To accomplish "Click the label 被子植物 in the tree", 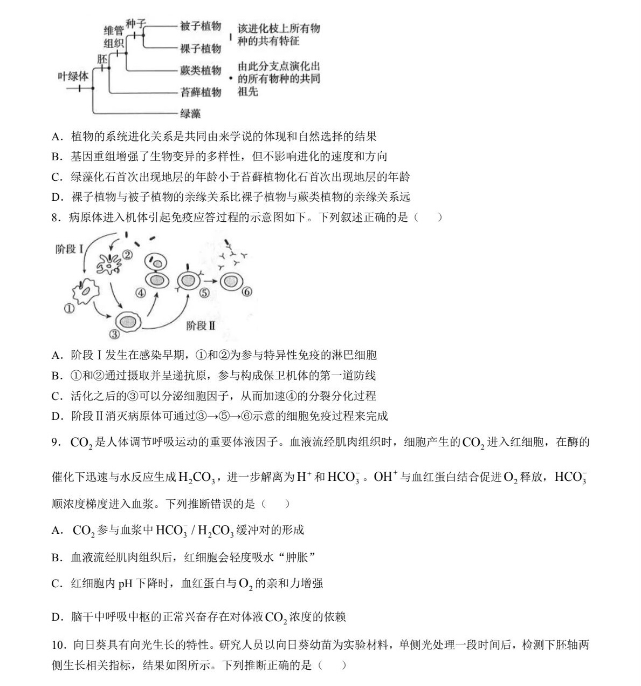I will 201,26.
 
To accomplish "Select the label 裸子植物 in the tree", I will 201,49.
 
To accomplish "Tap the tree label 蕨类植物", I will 201,71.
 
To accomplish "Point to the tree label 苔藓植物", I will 201,92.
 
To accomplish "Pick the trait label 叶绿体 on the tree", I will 73,77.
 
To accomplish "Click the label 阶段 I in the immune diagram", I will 69,249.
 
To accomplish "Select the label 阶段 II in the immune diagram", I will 201,325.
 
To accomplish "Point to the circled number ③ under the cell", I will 114,335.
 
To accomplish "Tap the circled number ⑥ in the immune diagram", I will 247,291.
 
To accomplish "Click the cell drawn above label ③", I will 128,321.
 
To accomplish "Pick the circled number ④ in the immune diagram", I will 140,293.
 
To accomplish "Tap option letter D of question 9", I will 57,617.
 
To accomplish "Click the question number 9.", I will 55,443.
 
